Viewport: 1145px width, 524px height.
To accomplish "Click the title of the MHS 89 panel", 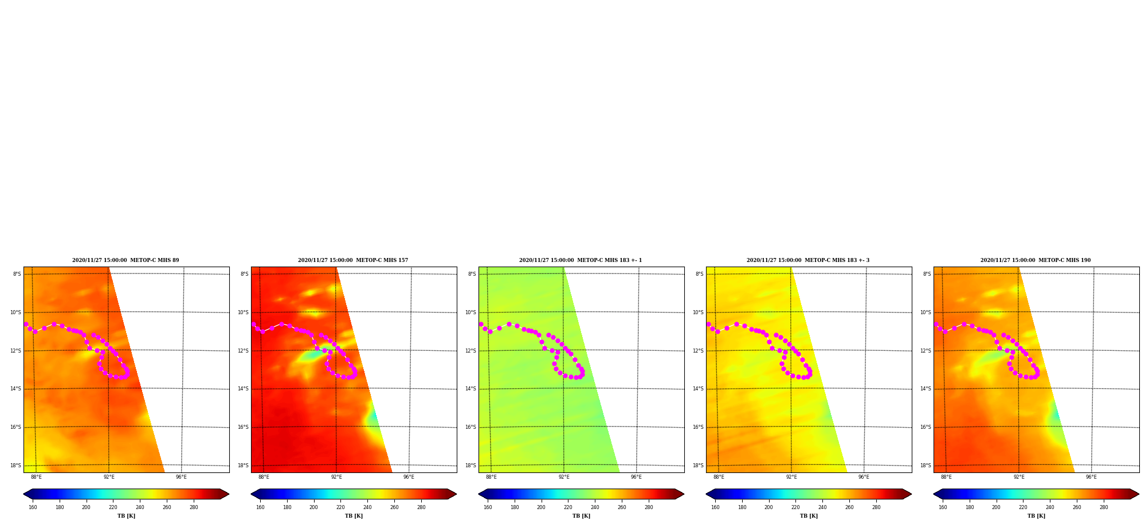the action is [x=126, y=260].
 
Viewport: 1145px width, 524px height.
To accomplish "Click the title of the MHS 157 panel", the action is [x=353, y=260].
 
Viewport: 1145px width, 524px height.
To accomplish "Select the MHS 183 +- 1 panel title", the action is [x=581, y=260].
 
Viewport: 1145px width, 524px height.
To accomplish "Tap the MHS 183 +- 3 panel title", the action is [x=808, y=260].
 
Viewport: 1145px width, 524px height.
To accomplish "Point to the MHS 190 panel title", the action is [x=1036, y=260].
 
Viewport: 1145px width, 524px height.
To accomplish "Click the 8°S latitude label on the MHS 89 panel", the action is [x=17, y=274].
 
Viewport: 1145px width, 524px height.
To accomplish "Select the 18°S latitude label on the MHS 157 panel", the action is [x=244, y=466].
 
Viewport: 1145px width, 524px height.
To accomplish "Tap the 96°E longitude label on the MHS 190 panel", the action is [x=1091, y=477].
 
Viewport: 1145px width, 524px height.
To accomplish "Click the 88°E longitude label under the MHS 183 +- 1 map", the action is [x=491, y=477].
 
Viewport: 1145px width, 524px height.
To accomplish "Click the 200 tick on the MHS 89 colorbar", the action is [x=86, y=507].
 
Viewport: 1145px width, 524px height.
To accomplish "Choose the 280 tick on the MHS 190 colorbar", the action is [x=1104, y=507].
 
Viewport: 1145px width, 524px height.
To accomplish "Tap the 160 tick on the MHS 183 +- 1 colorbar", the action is [x=488, y=507].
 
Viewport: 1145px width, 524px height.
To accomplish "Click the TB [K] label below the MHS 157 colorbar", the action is [x=354, y=516].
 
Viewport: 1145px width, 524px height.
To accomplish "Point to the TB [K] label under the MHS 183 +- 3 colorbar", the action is [x=809, y=516].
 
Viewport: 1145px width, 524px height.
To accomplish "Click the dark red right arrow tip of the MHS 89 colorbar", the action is [x=229, y=494].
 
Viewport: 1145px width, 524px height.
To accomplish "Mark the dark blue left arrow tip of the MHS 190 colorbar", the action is [x=934, y=494].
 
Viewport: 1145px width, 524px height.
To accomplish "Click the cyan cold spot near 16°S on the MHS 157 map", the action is [x=373, y=416].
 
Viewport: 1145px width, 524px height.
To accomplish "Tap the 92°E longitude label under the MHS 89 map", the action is [x=109, y=477].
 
